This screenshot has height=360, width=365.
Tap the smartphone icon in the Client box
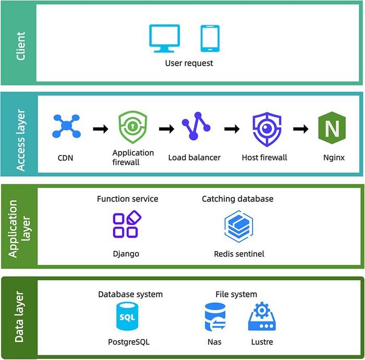[210, 39]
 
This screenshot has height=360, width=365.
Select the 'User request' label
[189, 64]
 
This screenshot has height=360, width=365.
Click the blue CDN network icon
[66, 127]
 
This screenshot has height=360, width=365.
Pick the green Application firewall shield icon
[132, 128]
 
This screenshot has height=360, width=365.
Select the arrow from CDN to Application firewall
[100, 129]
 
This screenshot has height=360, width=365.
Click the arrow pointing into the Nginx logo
[300, 129]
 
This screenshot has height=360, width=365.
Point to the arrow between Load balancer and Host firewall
[232, 129]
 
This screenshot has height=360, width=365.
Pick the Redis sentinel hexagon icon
[239, 225]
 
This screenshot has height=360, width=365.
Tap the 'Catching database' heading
[237, 199]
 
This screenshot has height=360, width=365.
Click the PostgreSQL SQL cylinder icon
[126, 317]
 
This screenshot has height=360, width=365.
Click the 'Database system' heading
[130, 294]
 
